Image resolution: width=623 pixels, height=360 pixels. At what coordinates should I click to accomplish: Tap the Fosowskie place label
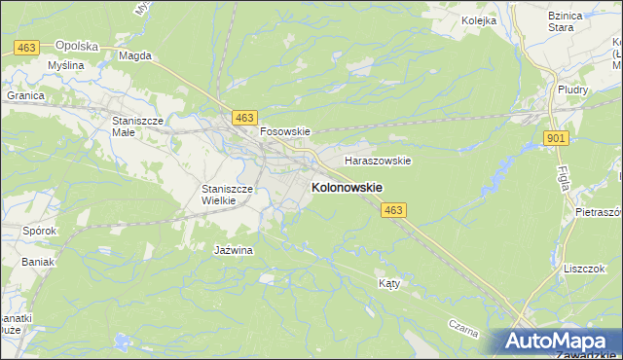click(283, 131)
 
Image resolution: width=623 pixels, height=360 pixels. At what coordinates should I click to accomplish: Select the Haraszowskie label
click(378, 161)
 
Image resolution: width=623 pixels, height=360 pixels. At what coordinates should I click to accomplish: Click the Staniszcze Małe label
click(136, 126)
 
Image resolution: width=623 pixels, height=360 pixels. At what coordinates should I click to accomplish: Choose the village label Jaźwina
click(233, 250)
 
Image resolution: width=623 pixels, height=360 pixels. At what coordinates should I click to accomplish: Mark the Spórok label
click(39, 232)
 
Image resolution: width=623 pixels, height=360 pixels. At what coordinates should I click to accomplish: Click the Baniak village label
click(39, 262)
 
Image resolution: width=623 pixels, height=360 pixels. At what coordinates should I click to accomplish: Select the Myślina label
click(65, 65)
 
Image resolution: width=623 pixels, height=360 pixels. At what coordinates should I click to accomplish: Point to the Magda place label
click(134, 55)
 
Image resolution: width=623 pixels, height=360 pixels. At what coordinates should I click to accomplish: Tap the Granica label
click(26, 95)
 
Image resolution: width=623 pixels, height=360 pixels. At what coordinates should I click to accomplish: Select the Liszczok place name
click(584, 268)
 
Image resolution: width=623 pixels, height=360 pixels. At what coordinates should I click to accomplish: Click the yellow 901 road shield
click(556, 139)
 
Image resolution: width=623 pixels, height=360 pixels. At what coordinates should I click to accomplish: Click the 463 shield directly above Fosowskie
click(244, 117)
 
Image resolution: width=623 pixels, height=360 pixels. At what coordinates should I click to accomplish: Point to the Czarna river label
click(463, 329)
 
